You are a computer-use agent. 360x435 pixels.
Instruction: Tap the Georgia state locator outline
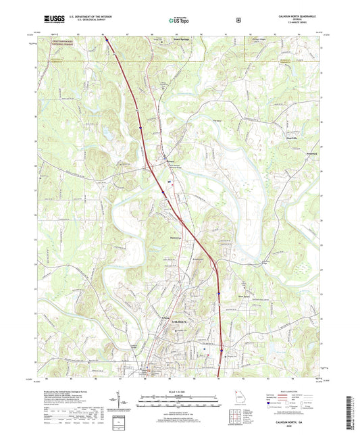[x=235, y=398]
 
